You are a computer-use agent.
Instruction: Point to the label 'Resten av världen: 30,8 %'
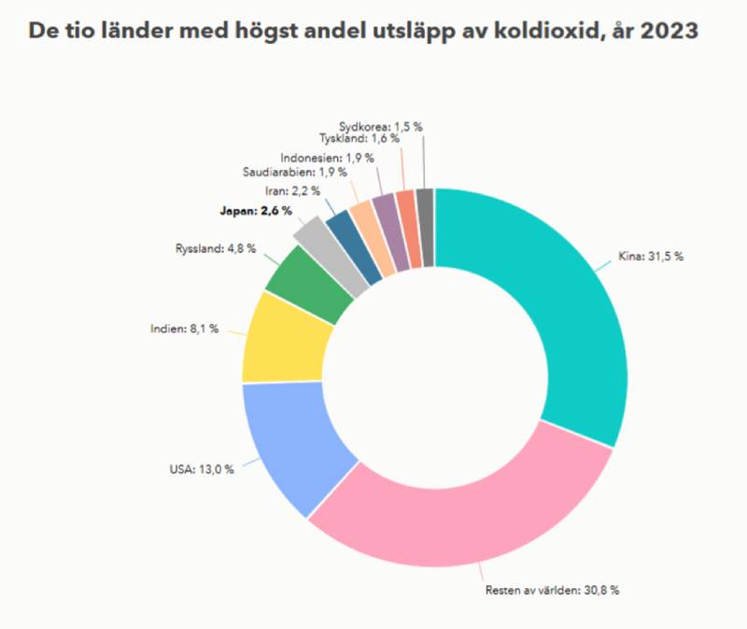(552, 590)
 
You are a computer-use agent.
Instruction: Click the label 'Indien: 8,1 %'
(184, 328)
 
